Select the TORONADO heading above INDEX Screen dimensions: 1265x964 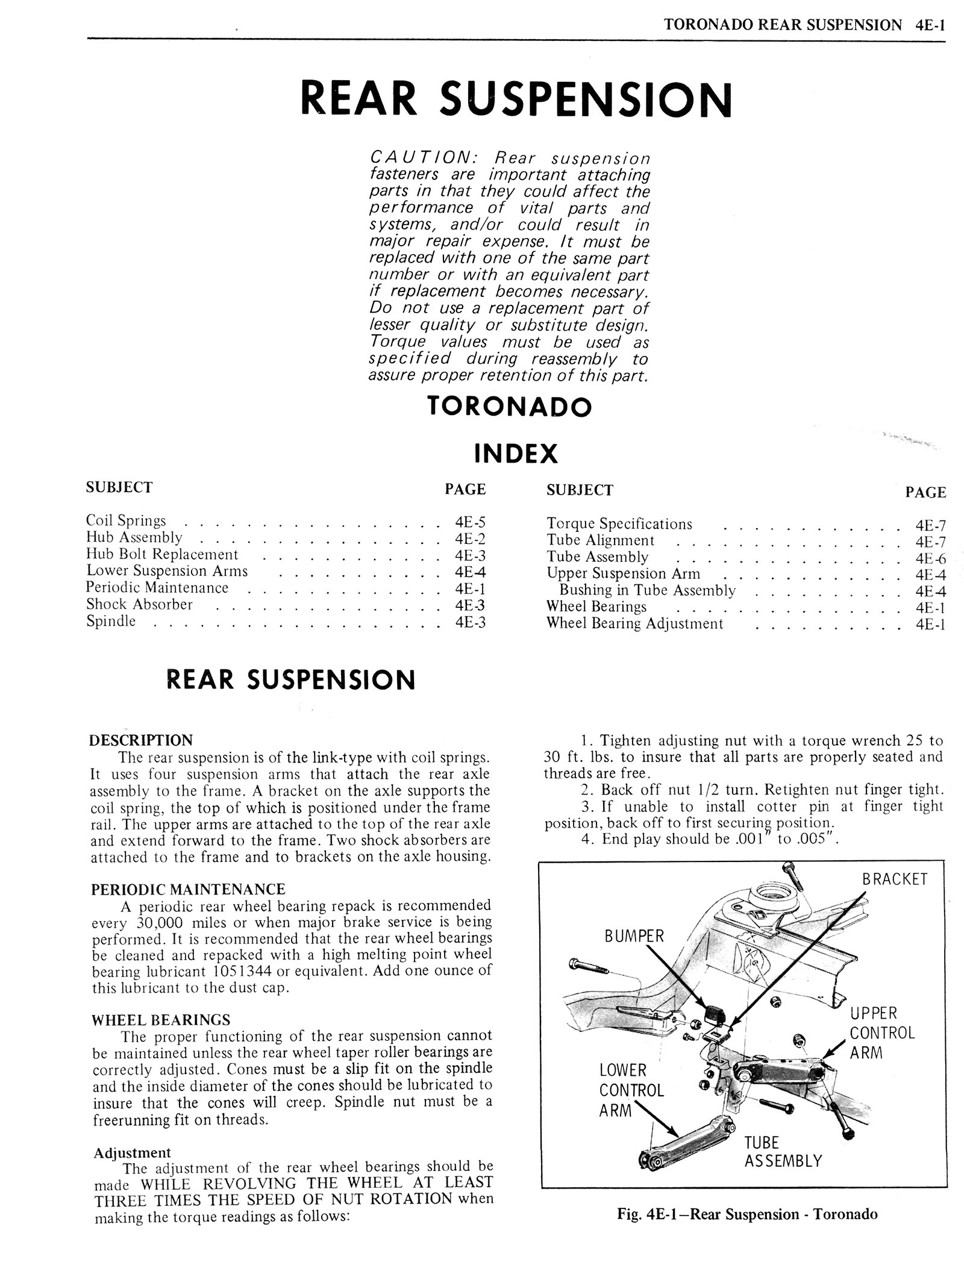[x=509, y=407]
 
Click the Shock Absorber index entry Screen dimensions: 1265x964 [x=139, y=604]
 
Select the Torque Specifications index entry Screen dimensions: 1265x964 [x=619, y=524]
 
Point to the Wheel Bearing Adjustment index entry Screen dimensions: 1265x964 [x=634, y=623]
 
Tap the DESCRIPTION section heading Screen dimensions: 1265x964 [x=140, y=740]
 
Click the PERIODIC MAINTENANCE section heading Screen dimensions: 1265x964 [x=188, y=889]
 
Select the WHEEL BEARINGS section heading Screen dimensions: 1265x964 [x=161, y=1020]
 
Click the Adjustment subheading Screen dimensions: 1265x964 [x=133, y=1152]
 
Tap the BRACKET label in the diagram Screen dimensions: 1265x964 [x=894, y=879]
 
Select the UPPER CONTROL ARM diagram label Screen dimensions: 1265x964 [x=881, y=1032]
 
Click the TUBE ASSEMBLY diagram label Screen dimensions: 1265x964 [x=783, y=1152]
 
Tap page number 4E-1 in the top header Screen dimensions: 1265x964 [x=928, y=25]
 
